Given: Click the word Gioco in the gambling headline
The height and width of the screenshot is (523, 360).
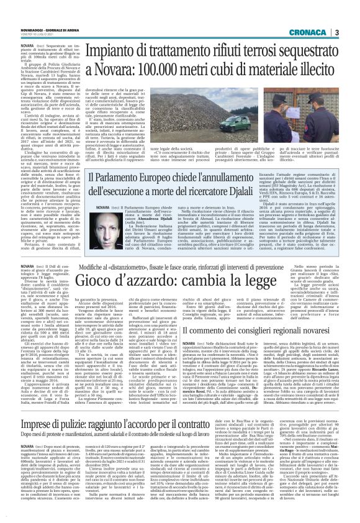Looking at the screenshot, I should coord(102,281).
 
